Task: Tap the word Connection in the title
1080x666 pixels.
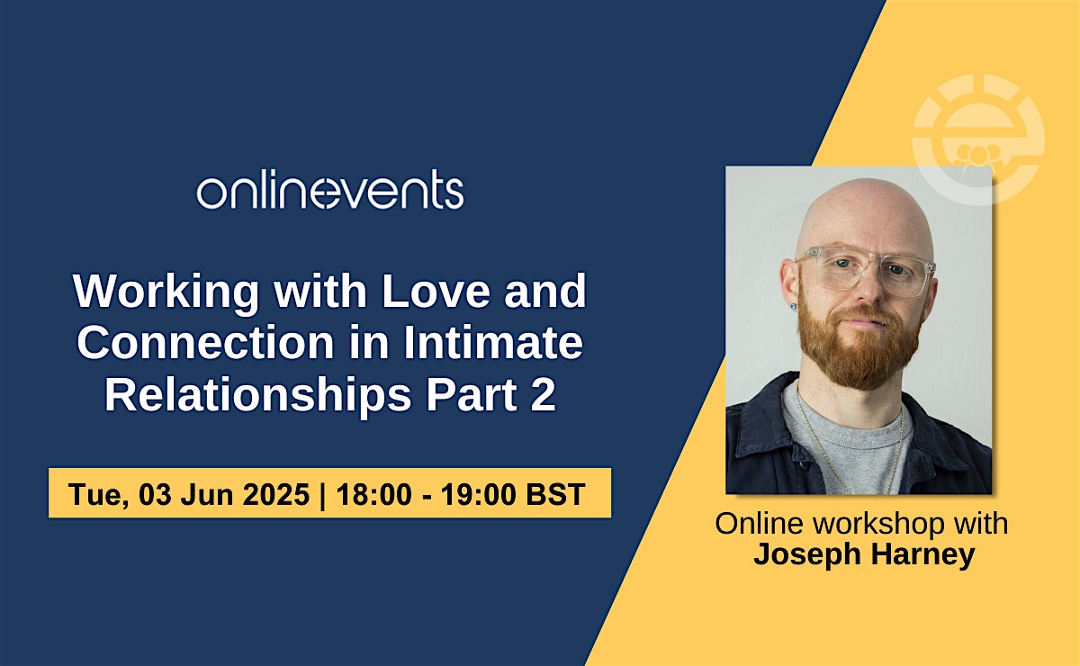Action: (205, 342)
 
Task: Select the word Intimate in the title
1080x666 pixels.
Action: (492, 342)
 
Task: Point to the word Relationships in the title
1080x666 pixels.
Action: (258, 395)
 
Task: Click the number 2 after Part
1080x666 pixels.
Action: (544, 395)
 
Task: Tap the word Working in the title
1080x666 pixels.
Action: (166, 292)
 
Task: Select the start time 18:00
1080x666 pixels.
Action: (374, 494)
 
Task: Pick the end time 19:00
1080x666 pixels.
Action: (479, 494)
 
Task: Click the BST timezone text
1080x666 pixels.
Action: (555, 494)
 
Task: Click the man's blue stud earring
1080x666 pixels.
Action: (793, 306)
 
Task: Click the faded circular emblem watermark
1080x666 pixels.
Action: (979, 139)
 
